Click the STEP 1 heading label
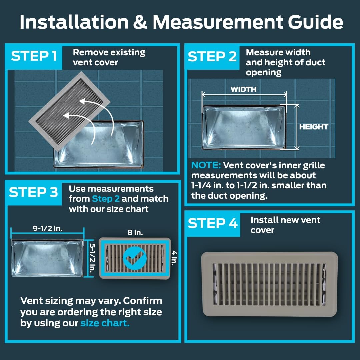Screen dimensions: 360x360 34,56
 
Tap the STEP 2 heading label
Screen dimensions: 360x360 212,56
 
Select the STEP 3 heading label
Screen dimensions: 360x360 33,192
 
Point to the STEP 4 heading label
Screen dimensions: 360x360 212,223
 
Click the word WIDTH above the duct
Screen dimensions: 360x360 243,89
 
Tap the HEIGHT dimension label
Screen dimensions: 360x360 313,127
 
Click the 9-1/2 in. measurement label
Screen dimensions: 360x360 48,228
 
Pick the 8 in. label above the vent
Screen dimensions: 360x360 135,232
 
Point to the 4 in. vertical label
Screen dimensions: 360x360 174,258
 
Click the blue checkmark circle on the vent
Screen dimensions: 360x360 135,258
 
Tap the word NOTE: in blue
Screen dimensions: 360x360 206,165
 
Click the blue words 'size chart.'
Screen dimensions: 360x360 105,323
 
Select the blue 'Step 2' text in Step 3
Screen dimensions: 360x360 106,199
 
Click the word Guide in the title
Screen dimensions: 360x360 315,22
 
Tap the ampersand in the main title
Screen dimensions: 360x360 140,22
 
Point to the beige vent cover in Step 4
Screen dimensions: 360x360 269,284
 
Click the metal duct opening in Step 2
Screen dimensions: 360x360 244,127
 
